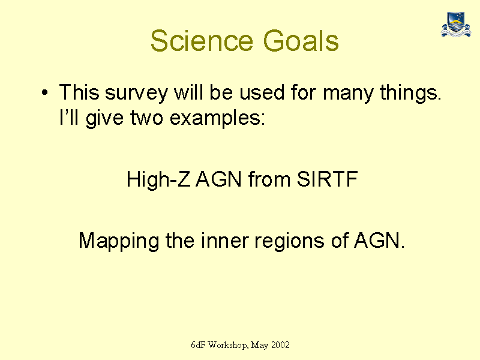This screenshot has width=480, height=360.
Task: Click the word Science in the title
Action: pos(202,41)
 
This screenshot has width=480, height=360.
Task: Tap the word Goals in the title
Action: pos(301,41)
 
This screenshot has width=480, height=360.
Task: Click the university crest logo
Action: pos(456,24)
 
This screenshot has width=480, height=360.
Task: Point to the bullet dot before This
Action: pos(44,92)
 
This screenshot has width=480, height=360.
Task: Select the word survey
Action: pos(137,93)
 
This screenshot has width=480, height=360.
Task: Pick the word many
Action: pos(348,93)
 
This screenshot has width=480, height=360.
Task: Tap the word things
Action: pos(410,92)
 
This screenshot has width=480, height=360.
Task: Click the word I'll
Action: pos(69,117)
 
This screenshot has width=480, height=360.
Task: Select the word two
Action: pos(146,118)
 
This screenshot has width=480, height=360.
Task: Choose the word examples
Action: pos(217,118)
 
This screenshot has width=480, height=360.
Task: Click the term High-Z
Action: pos(158,179)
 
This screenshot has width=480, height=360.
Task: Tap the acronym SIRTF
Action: pos(327,179)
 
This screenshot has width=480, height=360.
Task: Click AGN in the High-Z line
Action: pos(218,179)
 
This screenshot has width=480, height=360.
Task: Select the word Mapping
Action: pos(119,241)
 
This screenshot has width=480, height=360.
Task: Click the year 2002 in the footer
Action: pos(280,345)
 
